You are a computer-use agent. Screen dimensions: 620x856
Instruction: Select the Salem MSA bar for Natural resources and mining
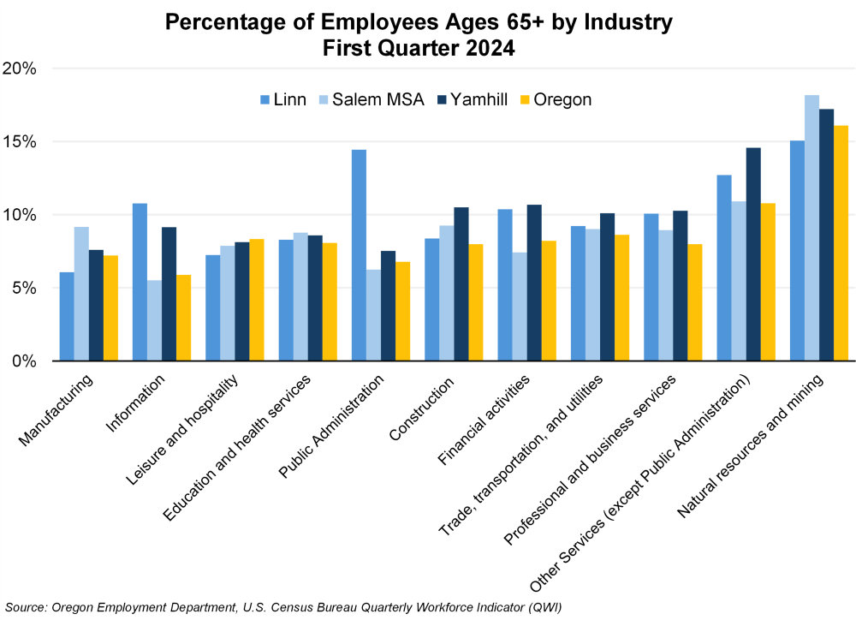811,228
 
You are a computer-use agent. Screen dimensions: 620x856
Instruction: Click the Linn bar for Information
140,282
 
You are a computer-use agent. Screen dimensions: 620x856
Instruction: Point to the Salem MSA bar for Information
154,320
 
